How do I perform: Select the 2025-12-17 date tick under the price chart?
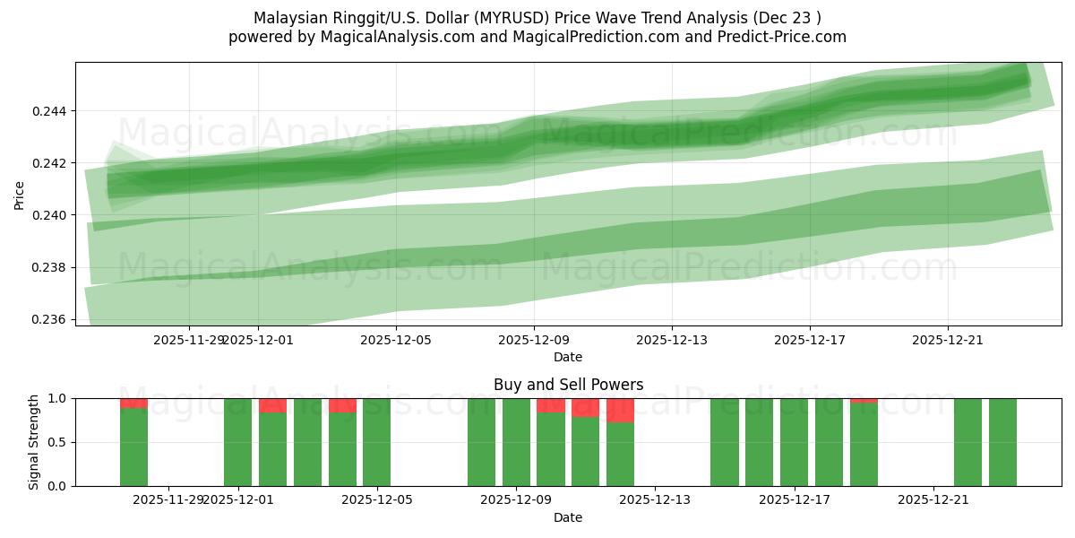click(810, 340)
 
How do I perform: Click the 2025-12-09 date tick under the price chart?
click(534, 340)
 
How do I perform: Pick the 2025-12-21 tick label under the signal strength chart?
click(933, 499)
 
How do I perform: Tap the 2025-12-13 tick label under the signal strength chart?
click(655, 499)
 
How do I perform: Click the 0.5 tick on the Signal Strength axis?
click(57, 442)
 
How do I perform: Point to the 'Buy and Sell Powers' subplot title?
click(568, 385)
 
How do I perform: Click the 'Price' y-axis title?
click(20, 194)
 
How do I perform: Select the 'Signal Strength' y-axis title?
click(34, 442)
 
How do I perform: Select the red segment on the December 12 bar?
click(620, 410)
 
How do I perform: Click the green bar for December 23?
click(1002, 442)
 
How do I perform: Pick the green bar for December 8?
click(481, 442)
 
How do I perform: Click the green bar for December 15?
click(724, 442)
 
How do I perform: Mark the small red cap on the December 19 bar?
click(864, 401)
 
